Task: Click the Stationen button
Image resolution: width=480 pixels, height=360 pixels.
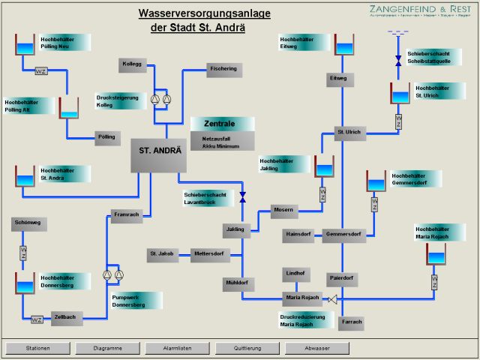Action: click(x=37, y=348)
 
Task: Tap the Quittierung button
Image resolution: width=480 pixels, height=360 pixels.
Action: click(x=247, y=348)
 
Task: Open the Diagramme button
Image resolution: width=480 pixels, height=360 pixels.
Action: click(x=108, y=348)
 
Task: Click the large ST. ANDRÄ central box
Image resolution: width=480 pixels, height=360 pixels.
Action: click(x=160, y=155)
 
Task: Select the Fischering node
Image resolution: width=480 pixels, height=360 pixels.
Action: click(x=223, y=70)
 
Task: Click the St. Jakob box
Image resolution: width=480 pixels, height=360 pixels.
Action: click(x=161, y=254)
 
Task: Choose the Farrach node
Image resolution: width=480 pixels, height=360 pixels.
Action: click(x=350, y=322)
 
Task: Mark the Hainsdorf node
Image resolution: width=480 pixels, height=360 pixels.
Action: click(x=299, y=235)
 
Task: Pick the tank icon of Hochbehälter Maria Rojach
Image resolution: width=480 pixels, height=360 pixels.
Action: click(x=435, y=253)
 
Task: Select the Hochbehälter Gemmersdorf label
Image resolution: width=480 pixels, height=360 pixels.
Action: click(x=415, y=179)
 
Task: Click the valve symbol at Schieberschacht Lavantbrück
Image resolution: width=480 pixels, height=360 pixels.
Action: click(x=242, y=197)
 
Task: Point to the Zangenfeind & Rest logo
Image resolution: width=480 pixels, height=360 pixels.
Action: click(x=420, y=10)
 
